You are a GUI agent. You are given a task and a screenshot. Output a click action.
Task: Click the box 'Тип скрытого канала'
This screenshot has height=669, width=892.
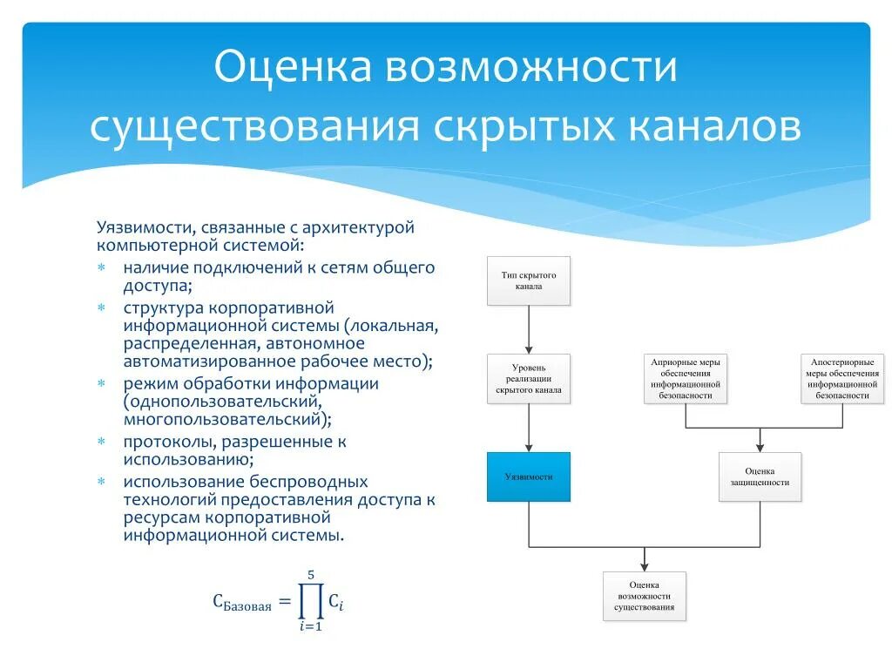528,280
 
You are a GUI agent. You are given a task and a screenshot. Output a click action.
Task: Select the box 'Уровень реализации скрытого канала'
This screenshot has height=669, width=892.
528,378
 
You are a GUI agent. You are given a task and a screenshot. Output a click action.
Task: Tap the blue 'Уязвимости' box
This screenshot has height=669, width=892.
528,476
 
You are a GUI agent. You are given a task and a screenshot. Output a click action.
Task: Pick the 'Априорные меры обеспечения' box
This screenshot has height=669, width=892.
686,378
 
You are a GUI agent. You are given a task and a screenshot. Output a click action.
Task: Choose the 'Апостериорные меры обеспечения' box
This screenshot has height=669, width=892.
842,378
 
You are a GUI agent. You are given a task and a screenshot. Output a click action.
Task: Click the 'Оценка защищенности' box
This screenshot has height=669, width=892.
760,476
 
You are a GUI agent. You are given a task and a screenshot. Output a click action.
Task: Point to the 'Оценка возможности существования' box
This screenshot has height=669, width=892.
645,596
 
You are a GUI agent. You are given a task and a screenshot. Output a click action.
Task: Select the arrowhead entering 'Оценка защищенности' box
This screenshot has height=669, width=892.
760,446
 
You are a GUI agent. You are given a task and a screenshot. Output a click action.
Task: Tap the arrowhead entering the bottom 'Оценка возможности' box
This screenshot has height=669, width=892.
645,565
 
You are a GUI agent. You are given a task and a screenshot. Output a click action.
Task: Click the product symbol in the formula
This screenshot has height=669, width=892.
309,601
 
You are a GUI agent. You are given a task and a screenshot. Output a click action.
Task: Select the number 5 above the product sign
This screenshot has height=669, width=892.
310,574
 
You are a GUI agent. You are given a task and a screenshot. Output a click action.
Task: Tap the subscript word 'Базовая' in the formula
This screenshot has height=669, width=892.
247,605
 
